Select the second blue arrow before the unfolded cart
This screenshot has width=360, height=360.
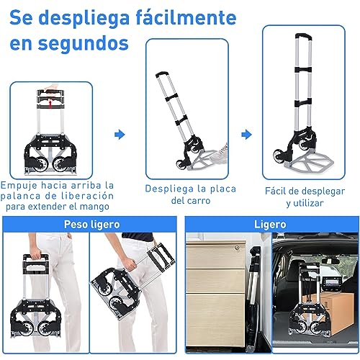coord(246,133)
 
